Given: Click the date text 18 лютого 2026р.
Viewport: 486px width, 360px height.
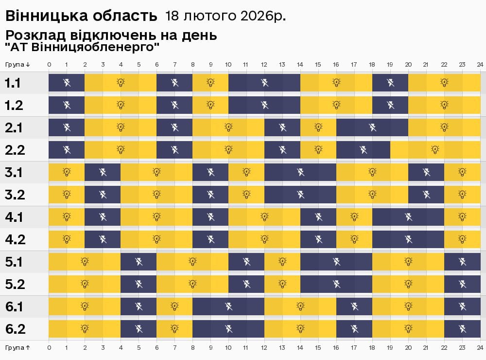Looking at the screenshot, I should [226, 16].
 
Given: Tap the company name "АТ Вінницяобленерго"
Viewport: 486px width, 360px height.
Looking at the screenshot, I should [82, 47].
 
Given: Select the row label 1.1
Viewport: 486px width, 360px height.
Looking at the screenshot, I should [13, 83].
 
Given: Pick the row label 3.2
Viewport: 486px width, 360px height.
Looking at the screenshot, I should [15, 195].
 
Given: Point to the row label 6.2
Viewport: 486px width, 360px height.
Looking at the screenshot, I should [15, 329].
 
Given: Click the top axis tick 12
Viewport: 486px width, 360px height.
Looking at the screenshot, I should [264, 64].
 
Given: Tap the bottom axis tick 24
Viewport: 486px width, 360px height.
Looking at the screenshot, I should [480, 348].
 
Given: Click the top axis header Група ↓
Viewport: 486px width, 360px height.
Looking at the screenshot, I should [18, 64].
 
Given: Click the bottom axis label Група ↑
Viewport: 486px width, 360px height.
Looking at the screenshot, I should [18, 348].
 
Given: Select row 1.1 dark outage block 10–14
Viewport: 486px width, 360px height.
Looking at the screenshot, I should [264, 83].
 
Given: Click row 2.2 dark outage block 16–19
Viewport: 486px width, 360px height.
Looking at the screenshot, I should [363, 150].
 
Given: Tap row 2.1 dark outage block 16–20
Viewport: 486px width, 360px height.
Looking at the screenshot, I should [372, 127].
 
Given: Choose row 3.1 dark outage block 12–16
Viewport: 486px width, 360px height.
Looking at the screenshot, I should [300, 172].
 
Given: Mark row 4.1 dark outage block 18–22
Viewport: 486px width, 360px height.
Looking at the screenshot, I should [408, 217].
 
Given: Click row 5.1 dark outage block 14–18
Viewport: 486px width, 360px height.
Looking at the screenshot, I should [336, 262].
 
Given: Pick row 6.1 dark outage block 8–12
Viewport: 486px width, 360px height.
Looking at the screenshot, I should [228, 306].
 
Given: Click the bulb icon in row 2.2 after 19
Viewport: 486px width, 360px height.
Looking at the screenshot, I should [435, 150].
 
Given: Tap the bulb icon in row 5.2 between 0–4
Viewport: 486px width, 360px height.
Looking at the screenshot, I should [85, 284].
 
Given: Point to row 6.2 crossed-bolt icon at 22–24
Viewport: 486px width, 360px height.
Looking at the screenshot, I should [462, 329].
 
